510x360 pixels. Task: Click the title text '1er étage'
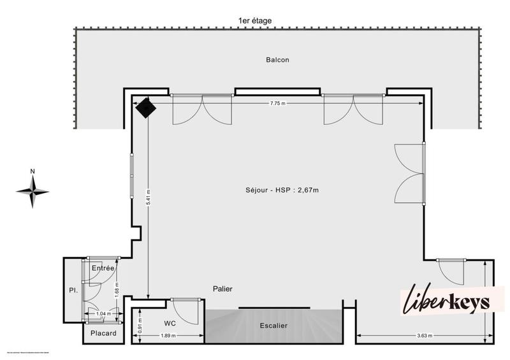254,21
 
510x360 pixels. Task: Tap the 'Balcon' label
278,60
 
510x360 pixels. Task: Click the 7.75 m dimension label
278,103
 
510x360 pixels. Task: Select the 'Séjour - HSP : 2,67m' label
282,190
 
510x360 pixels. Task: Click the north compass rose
33,190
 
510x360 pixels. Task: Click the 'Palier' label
222,289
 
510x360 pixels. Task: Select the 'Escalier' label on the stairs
273,326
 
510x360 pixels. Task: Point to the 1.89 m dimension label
168,336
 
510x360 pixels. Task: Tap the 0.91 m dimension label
140,324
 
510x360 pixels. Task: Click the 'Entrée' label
102,268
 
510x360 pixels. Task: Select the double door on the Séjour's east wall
411,173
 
